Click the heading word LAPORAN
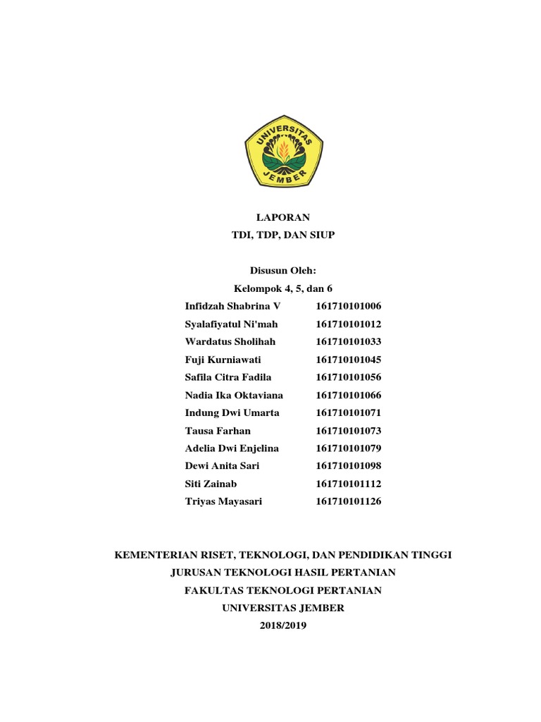[282, 217]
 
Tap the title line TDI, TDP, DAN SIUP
[282, 235]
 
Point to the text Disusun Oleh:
[282, 271]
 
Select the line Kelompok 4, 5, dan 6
[282, 288]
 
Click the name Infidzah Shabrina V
[232, 306]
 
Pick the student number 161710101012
[348, 324]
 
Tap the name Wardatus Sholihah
[230, 341]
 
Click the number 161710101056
[348, 377]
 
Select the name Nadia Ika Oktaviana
[234, 395]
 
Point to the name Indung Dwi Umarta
[232, 412]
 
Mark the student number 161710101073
[348, 430]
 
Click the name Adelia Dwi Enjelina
[232, 448]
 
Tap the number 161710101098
[348, 466]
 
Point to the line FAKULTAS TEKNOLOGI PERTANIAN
[282, 590]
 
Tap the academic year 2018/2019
[282, 625]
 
